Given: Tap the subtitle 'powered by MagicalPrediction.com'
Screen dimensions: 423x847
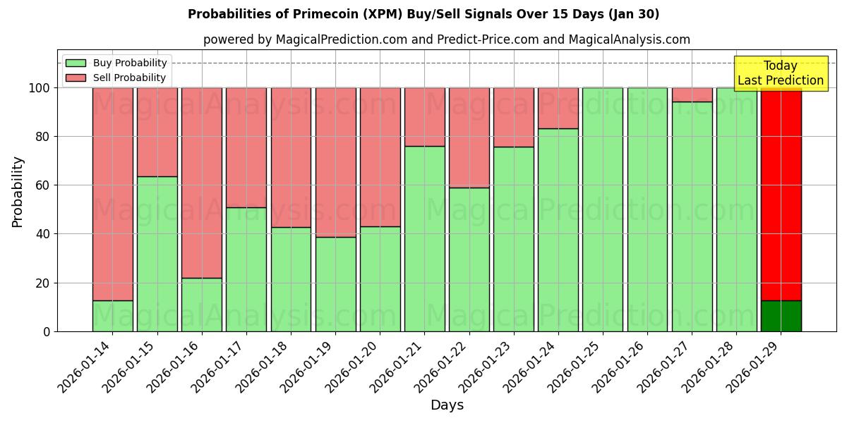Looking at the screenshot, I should click(x=446, y=39).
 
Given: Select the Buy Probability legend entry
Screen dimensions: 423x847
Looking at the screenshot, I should click(x=116, y=63).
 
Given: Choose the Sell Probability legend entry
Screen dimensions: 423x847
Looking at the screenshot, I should click(x=116, y=78).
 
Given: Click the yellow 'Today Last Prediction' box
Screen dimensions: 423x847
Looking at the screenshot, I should click(x=780, y=73).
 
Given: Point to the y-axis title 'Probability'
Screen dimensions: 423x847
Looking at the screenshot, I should click(x=18, y=192).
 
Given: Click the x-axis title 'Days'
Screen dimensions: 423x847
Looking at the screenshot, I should click(x=447, y=405).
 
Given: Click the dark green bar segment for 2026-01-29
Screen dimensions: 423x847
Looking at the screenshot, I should click(x=781, y=316).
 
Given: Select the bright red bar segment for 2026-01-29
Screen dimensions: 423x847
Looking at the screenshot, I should click(x=781, y=194).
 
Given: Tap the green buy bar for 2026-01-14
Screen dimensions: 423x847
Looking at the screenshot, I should click(x=112, y=316).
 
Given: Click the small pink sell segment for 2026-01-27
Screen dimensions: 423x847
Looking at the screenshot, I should click(x=692, y=94).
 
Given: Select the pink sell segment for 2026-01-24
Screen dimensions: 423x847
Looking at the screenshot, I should click(x=558, y=108).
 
